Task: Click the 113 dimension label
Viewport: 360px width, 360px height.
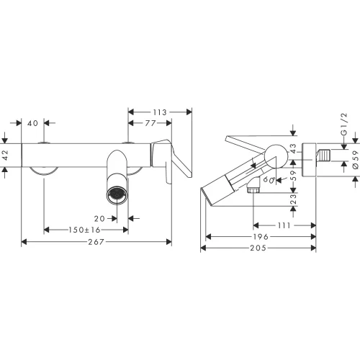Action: click(160, 112)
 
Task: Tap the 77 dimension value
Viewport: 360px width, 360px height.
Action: click(150, 123)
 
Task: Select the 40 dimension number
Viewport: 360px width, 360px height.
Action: click(32, 123)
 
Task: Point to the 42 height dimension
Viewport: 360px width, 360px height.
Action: click(5, 155)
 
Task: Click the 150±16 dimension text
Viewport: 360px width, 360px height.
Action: click(84, 230)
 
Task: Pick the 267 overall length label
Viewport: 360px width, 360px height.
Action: click(96, 242)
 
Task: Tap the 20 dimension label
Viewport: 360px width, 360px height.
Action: click(99, 219)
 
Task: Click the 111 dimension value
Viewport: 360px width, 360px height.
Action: click(284, 225)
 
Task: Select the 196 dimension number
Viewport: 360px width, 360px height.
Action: click(261, 237)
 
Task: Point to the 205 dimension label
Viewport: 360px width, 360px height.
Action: click(258, 248)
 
